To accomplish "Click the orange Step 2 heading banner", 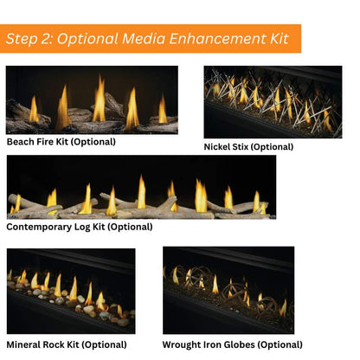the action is click(151, 39).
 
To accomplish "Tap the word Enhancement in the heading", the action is click(218, 39).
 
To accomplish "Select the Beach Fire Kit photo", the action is click(92, 100).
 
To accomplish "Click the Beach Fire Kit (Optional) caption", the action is click(61, 142).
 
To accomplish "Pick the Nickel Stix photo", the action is click(273, 102).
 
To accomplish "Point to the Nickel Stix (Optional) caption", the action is click(248, 147).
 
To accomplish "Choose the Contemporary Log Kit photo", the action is click(141, 187).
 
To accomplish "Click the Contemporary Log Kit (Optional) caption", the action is click(80, 227).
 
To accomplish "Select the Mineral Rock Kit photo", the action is click(71, 291).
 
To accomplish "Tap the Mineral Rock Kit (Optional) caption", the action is click(67, 344).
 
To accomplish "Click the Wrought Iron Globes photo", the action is click(228, 290).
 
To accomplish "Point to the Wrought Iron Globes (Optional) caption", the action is click(233, 344).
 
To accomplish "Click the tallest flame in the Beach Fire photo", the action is click(100, 99).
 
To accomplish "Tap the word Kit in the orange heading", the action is click(280, 39).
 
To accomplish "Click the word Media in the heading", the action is click(144, 39).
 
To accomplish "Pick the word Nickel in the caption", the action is click(215, 146).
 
